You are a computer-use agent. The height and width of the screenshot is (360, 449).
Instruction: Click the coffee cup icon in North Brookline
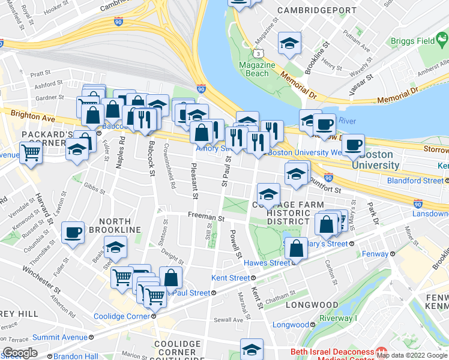(73, 233)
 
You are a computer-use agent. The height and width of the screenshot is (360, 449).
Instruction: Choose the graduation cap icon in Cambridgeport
(289, 43)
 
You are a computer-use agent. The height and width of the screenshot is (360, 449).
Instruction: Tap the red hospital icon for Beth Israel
(379, 351)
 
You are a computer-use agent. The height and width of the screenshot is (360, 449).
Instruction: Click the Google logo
(20, 352)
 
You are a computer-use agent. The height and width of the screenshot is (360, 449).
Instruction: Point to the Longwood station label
(291, 325)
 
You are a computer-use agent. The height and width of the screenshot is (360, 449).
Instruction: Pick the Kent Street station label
(231, 278)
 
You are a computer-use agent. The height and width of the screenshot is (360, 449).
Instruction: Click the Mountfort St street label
(326, 190)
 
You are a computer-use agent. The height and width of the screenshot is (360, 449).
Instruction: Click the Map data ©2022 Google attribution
(412, 355)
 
